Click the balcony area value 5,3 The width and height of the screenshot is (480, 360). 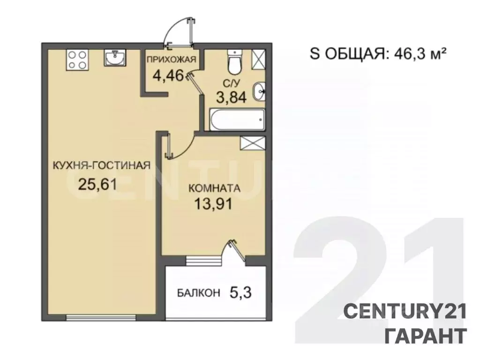coord(240,293)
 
